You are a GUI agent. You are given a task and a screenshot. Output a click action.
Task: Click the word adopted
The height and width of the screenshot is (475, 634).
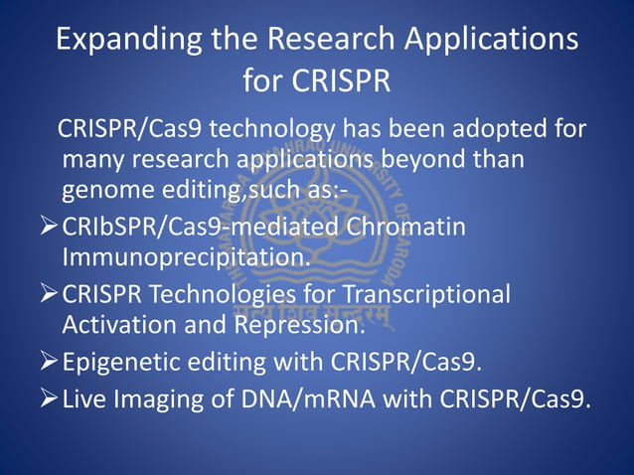514,130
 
